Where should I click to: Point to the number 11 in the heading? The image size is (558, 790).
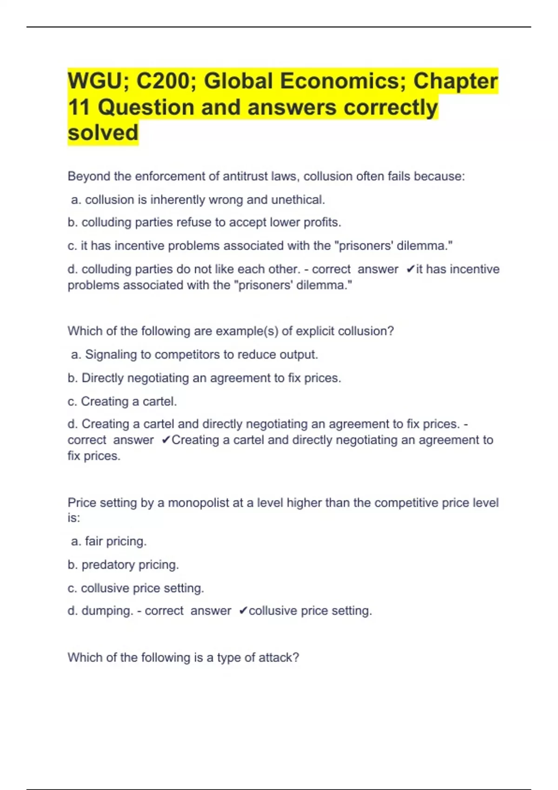point(79,107)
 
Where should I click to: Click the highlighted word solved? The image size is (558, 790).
point(103,132)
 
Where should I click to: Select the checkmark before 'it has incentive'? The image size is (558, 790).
point(410,269)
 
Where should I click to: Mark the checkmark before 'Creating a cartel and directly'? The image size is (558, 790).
point(166,440)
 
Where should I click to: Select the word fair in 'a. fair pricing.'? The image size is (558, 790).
point(93,541)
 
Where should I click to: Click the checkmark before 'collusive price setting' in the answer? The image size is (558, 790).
point(243,611)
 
